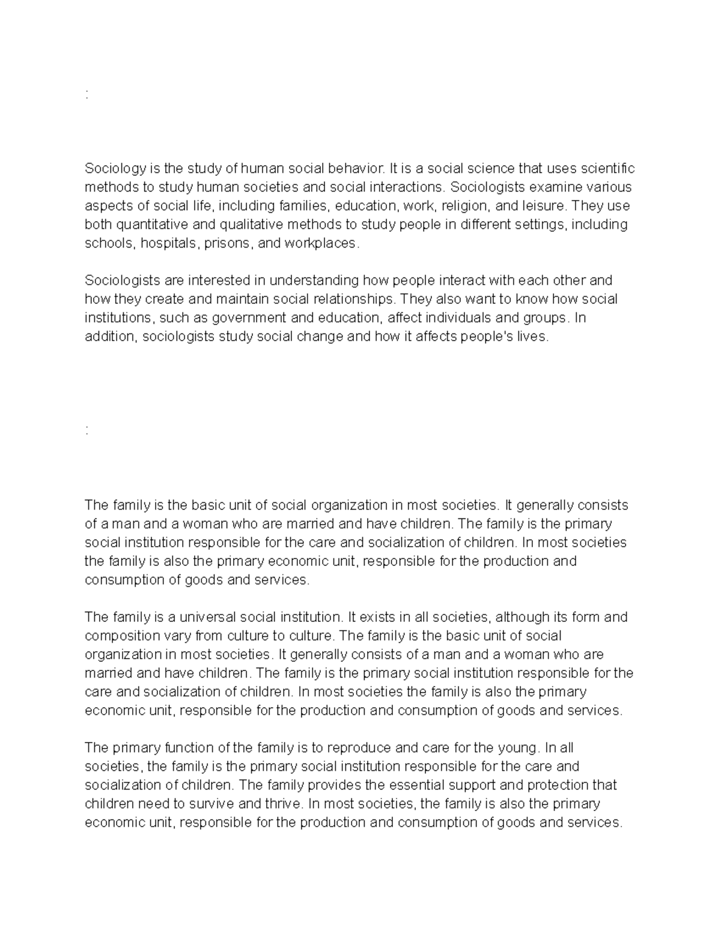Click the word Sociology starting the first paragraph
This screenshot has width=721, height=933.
[112, 168]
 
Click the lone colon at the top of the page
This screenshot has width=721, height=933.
[88, 94]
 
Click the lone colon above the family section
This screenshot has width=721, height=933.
[88, 431]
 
